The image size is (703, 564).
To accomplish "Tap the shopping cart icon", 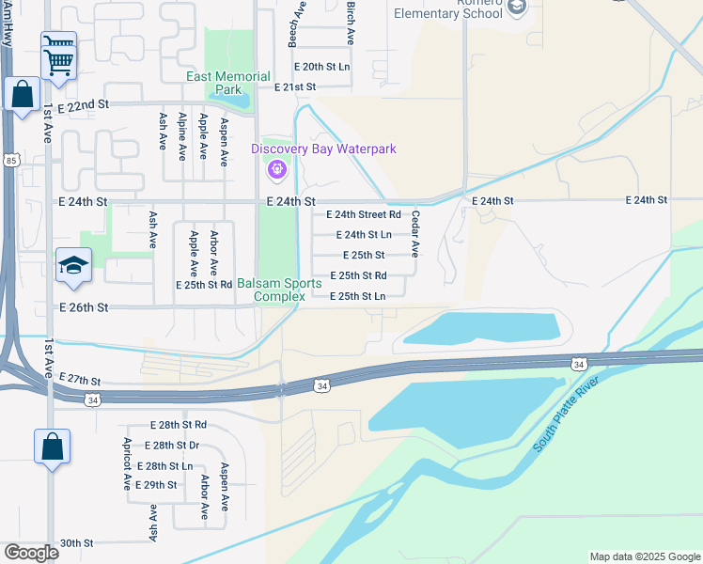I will [x=58, y=55].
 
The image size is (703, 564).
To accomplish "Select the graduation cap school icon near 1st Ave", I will [x=73, y=265].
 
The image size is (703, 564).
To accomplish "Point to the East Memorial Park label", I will [x=227, y=83].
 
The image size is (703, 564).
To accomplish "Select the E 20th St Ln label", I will [x=321, y=67].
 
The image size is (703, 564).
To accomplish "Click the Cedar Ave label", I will [x=414, y=234].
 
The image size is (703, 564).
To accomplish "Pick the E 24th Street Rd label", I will [x=364, y=214].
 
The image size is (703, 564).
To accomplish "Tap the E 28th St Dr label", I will [x=172, y=445].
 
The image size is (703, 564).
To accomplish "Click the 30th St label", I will [x=76, y=542].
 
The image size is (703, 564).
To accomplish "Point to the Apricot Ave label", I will [x=126, y=463].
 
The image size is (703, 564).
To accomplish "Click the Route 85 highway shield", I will [x=10, y=161].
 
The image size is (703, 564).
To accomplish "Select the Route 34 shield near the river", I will [x=578, y=363].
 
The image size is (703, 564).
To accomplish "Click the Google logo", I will [x=31, y=553].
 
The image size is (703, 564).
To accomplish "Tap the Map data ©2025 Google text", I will [x=644, y=556].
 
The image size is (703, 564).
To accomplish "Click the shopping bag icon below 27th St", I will [x=52, y=446].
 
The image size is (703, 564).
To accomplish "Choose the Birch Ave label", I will [x=350, y=23].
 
